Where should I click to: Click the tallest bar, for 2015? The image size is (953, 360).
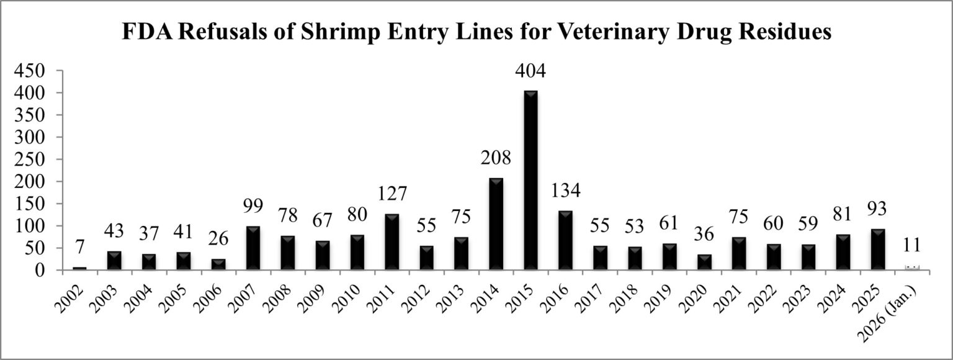pyautogui.click(x=530, y=180)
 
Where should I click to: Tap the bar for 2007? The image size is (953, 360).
pyautogui.click(x=253, y=248)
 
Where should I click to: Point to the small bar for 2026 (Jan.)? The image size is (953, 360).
pyautogui.click(x=912, y=268)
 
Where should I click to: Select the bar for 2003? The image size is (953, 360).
pyautogui.click(x=114, y=261)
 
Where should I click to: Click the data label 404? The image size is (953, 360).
pyautogui.click(x=530, y=71)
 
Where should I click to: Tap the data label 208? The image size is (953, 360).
pyautogui.click(x=496, y=158)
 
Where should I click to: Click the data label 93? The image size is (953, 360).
pyautogui.click(x=877, y=209)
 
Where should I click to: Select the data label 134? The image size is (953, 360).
pyautogui.click(x=565, y=191)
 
